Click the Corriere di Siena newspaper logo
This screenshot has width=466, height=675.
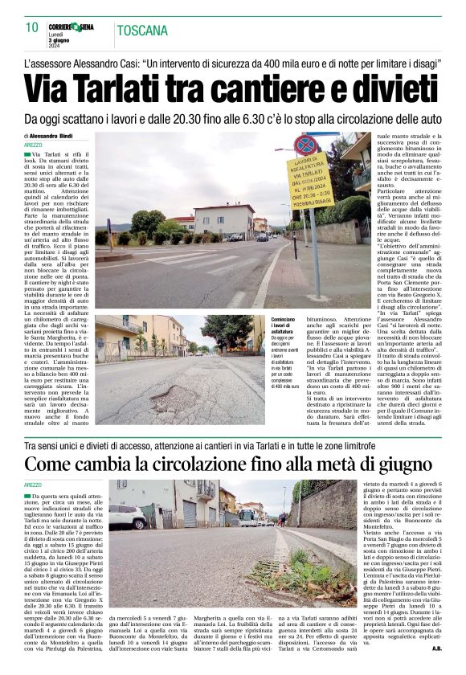[x=70, y=27]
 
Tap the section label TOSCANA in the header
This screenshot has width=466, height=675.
[x=143, y=31]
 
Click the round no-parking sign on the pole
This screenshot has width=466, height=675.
[x=305, y=145]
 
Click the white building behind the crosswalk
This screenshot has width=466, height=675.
[x=223, y=218]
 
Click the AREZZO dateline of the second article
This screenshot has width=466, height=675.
[x=33, y=485]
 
